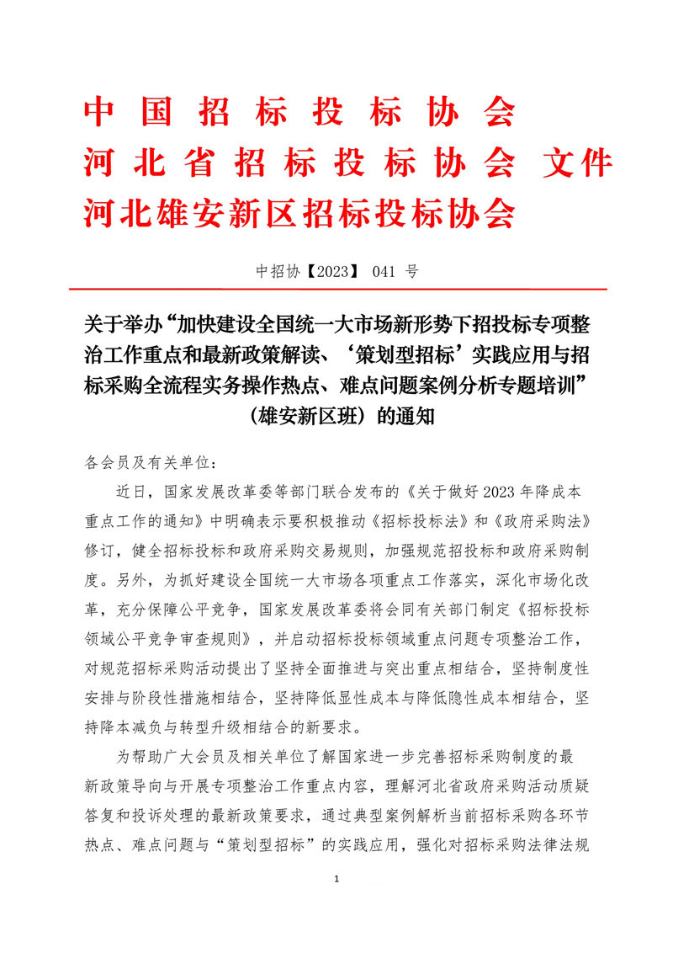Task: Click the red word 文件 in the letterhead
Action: [x=578, y=162]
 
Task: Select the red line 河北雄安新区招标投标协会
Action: [x=299, y=214]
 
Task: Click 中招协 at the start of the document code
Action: [x=277, y=272]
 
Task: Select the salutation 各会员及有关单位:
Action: [x=151, y=463]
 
